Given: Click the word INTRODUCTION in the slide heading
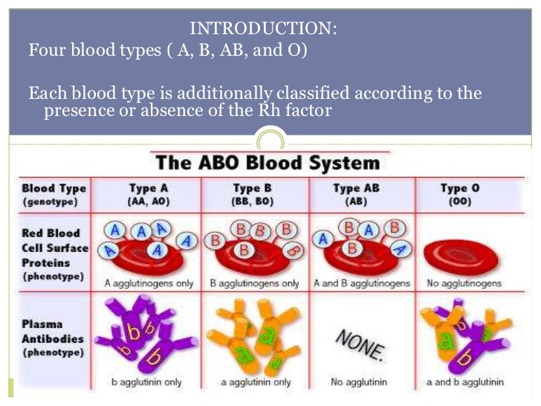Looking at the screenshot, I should [264, 29].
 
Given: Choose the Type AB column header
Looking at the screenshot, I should [357, 189].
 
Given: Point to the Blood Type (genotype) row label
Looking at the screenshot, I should [54, 195].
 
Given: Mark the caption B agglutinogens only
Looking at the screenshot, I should [255, 283].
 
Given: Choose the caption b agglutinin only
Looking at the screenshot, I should [146, 382].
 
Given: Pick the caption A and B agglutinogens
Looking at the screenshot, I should [361, 283].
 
